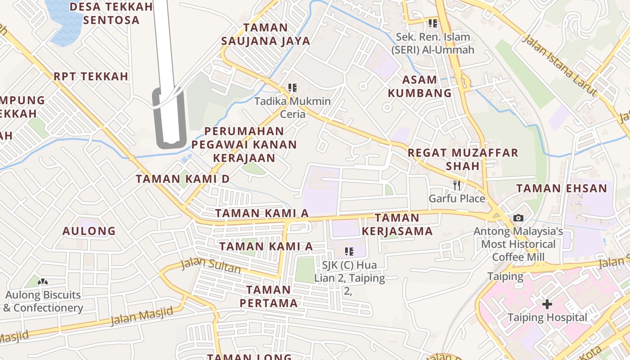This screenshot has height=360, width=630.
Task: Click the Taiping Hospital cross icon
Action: [x=547, y=305]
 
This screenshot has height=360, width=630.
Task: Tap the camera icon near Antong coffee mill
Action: [x=518, y=218]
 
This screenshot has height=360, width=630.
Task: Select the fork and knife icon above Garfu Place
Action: [x=457, y=185]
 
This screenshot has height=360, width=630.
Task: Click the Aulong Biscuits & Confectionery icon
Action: [x=43, y=282]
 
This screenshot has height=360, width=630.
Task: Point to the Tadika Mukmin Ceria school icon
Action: [x=292, y=88]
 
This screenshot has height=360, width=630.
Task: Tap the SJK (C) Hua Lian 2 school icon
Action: [x=349, y=252]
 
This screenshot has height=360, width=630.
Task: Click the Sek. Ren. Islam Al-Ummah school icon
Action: [x=432, y=23]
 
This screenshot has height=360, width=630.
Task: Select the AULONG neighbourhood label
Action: [x=89, y=231]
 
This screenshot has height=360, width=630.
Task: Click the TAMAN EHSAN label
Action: [x=562, y=188]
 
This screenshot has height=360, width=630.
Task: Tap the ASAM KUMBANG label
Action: [x=419, y=86]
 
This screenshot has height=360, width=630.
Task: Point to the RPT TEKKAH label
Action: [x=91, y=76]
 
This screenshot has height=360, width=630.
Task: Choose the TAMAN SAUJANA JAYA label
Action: [x=265, y=34]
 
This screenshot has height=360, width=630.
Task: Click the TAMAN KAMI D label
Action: [x=183, y=179]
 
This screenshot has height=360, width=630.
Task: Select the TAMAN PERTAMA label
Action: [x=269, y=296]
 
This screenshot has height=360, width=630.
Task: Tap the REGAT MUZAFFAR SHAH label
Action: [x=463, y=159]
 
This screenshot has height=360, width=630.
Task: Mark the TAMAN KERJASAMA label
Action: [x=397, y=225]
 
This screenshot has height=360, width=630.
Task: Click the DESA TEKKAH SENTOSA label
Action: [x=111, y=13]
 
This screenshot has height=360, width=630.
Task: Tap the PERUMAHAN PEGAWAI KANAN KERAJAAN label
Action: [x=244, y=144]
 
